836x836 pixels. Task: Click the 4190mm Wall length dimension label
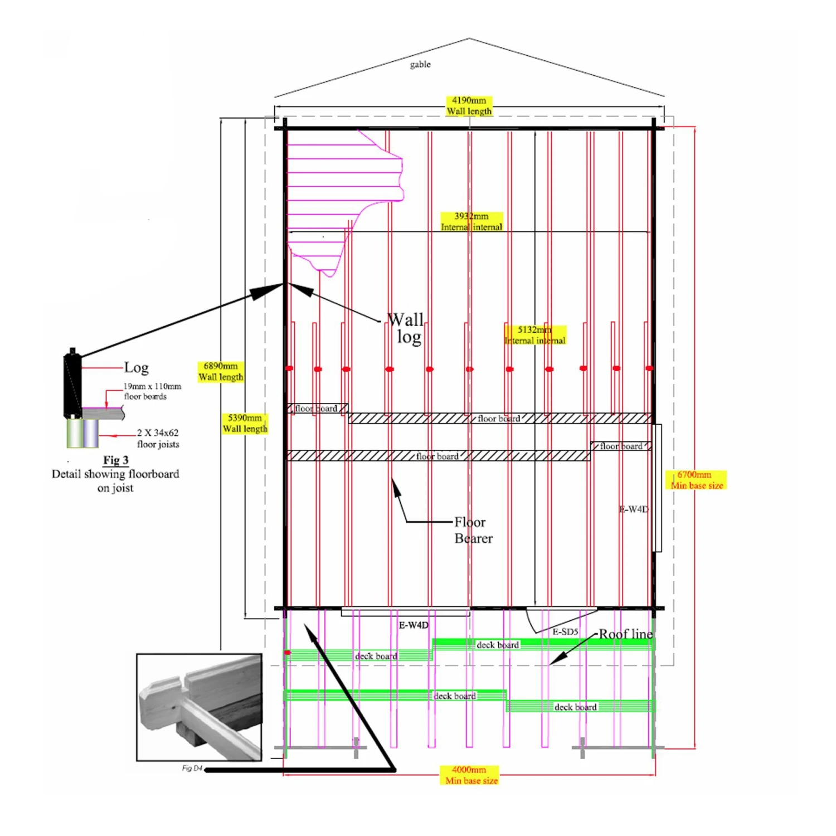469,106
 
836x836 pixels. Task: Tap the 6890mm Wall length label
221,372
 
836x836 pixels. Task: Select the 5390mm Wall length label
245,423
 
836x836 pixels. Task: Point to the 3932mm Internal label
472,221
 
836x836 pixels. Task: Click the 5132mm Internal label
535,335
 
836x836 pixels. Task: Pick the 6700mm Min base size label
696,480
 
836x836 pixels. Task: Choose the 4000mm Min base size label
471,775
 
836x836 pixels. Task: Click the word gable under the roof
420,64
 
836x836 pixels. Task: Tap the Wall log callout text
406,328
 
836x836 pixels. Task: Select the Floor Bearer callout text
473,530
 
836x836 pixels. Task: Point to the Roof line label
625,634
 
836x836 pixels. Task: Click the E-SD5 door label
565,632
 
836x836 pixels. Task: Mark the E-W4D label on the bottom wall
414,625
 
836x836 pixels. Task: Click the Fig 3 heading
115,460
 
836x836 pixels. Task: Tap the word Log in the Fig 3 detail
136,368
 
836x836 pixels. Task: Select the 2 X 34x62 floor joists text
158,438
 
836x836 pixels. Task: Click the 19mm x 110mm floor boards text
152,391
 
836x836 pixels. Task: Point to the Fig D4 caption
192,769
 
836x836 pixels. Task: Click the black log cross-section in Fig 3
72,385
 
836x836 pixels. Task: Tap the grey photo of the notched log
199,707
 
